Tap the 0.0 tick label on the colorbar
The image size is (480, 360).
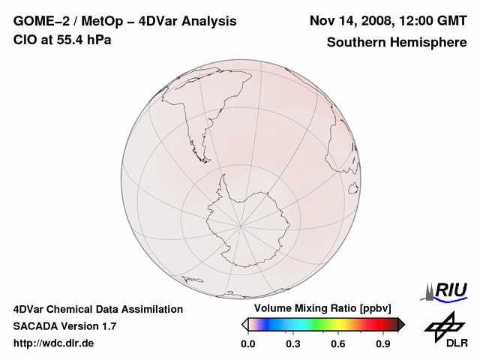click(247, 343)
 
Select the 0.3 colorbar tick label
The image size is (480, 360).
click(293, 343)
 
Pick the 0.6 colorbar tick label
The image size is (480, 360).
click(338, 343)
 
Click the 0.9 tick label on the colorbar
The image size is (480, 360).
click(383, 343)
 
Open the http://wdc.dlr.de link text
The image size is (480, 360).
click(54, 343)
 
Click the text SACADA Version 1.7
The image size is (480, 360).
click(64, 326)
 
